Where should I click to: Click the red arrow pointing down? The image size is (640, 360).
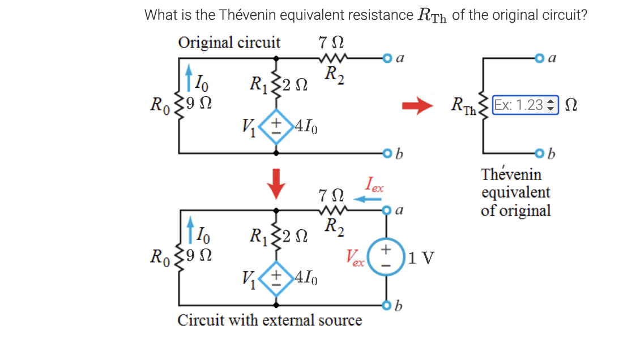[x=276, y=183]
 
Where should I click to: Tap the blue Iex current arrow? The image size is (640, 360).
[x=368, y=199]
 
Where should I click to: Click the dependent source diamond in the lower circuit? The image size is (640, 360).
[x=276, y=278]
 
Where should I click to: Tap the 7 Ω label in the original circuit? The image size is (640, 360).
[x=331, y=42]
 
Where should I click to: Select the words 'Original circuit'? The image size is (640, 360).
[x=229, y=42]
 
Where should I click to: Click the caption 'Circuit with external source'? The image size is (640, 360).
[x=270, y=320]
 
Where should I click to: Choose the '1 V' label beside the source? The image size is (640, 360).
[x=421, y=258]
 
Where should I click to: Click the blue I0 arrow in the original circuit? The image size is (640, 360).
[x=189, y=76]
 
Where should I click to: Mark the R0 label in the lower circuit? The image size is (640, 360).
[x=161, y=256]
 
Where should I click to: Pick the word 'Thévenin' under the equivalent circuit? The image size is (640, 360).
[x=511, y=174]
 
